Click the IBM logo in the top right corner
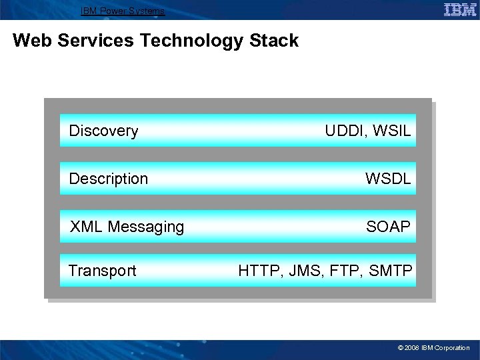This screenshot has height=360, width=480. click(x=459, y=9)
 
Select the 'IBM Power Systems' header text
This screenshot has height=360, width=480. click(x=122, y=11)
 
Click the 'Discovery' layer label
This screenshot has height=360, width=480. click(x=103, y=131)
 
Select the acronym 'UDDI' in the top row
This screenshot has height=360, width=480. click(x=345, y=131)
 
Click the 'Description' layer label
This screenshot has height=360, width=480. click(x=108, y=179)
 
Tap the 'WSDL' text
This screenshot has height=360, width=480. click(x=387, y=179)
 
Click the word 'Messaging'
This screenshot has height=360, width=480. click(x=145, y=227)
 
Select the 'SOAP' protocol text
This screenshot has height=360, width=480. click(x=388, y=227)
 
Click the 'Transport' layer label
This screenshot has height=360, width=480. click(x=102, y=271)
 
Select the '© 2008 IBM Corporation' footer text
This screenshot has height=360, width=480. click(x=433, y=348)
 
